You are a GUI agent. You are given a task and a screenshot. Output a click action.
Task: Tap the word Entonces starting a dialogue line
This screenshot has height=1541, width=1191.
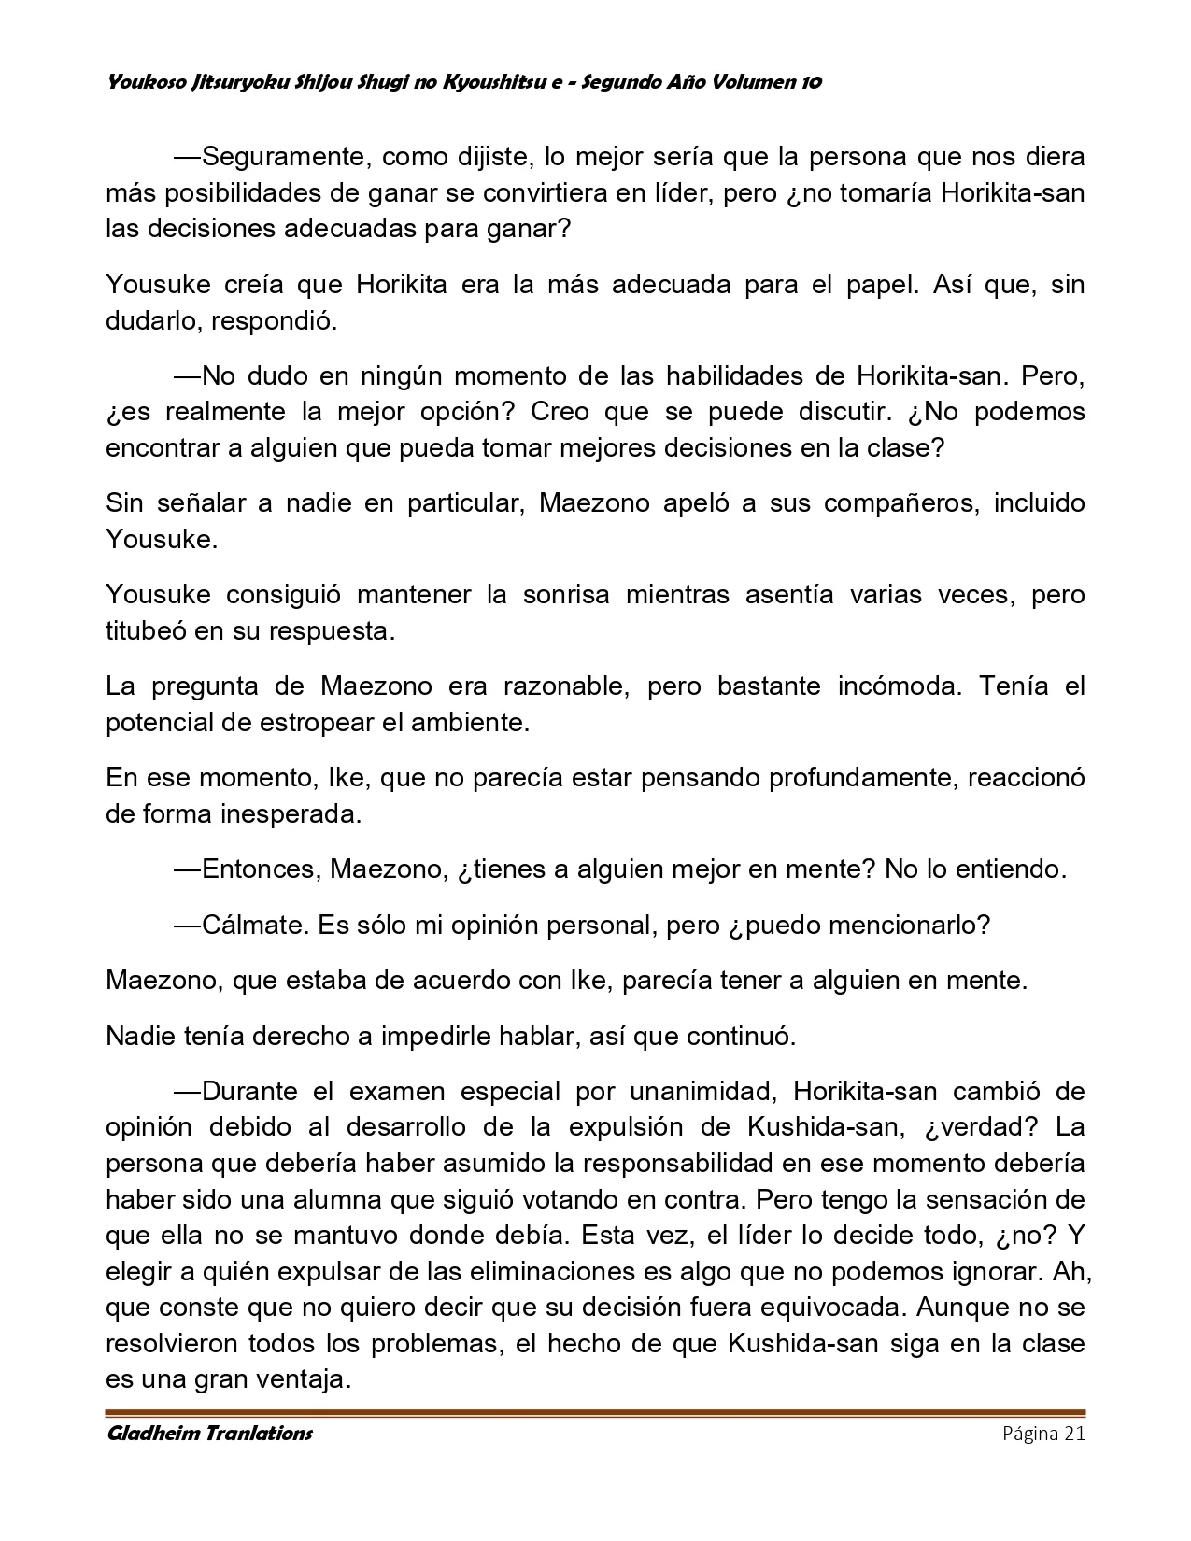point(262,869)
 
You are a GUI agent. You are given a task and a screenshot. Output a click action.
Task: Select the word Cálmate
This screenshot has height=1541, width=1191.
point(254,926)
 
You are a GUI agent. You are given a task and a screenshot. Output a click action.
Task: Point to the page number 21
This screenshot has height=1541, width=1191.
point(1073,1434)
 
